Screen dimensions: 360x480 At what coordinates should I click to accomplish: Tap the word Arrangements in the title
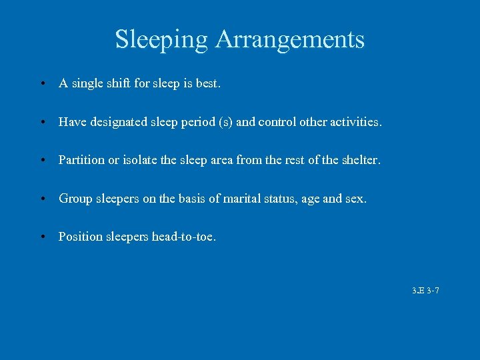[x=290, y=39]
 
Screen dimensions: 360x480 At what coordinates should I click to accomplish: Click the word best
[x=206, y=84]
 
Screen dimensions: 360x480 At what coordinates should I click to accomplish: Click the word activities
[x=356, y=122]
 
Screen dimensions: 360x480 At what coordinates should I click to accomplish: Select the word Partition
[x=80, y=160]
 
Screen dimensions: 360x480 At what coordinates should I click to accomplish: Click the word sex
[x=356, y=198]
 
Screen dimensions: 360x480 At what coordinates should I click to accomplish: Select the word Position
[x=79, y=237]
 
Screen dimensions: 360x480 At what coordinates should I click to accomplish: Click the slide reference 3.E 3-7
[x=425, y=291]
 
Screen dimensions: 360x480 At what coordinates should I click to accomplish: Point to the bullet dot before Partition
[x=42, y=161]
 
